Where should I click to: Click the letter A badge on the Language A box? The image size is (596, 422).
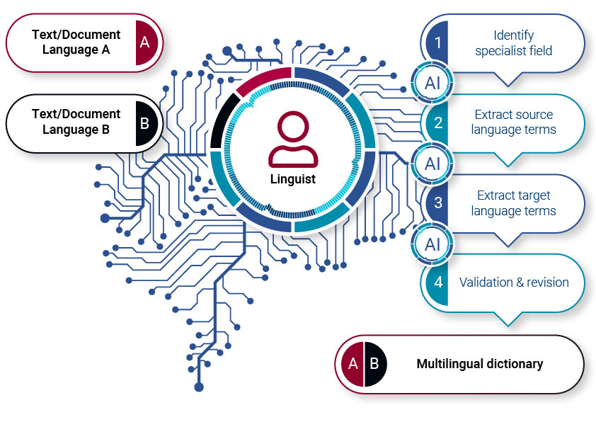145,42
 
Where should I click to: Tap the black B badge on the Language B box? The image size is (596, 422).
144,122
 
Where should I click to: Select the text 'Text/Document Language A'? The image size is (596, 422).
76,42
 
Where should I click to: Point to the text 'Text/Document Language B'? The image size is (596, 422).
76,122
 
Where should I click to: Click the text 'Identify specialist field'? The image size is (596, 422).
513,42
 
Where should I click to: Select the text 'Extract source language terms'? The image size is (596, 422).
513,122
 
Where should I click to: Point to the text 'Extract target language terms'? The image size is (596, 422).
513,203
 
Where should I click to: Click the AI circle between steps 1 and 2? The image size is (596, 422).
432,82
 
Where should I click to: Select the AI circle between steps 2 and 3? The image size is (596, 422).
432,164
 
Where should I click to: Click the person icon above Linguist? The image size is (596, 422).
293,138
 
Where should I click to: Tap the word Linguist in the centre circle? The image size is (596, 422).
293,179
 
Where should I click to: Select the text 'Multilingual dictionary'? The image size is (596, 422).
479,364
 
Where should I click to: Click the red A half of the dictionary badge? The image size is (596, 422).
352,364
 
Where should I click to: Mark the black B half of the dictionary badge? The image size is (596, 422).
375,364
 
